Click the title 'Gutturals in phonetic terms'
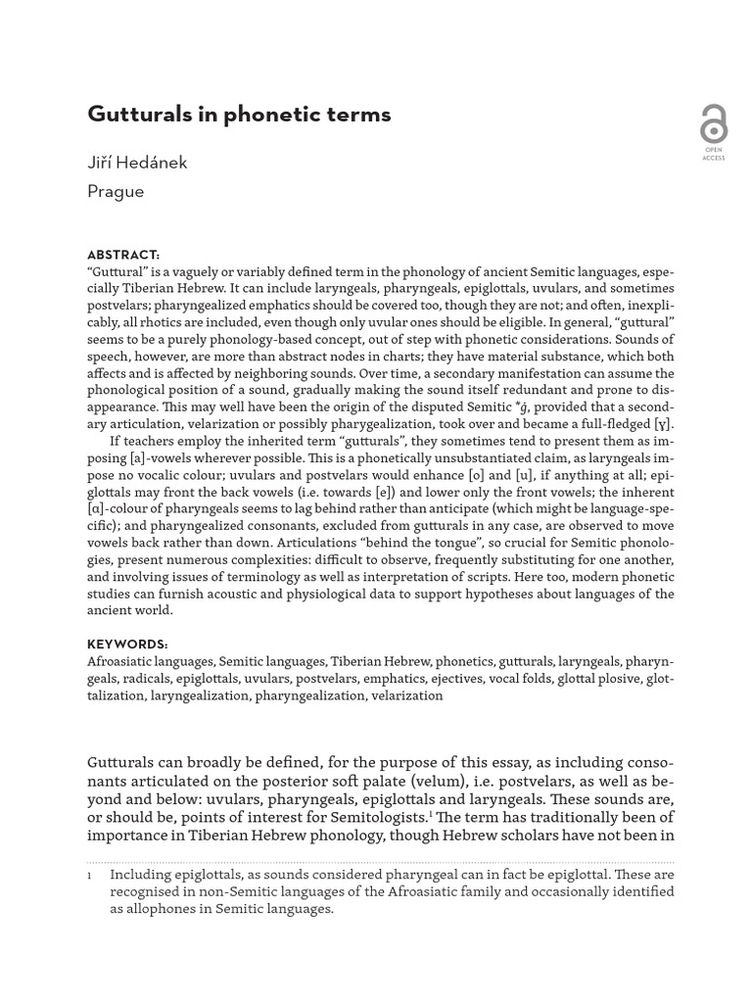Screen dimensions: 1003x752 click(239, 115)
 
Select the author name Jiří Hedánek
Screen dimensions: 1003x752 click(137, 163)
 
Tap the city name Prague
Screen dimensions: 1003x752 click(116, 191)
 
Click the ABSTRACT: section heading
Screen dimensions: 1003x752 click(123, 255)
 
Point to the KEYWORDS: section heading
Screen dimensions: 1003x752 click(127, 645)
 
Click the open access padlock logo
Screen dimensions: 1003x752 click(713, 124)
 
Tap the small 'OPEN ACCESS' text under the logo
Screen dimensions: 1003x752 click(713, 154)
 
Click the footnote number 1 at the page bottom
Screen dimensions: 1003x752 click(90, 875)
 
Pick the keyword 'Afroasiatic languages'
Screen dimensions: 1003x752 click(150, 662)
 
